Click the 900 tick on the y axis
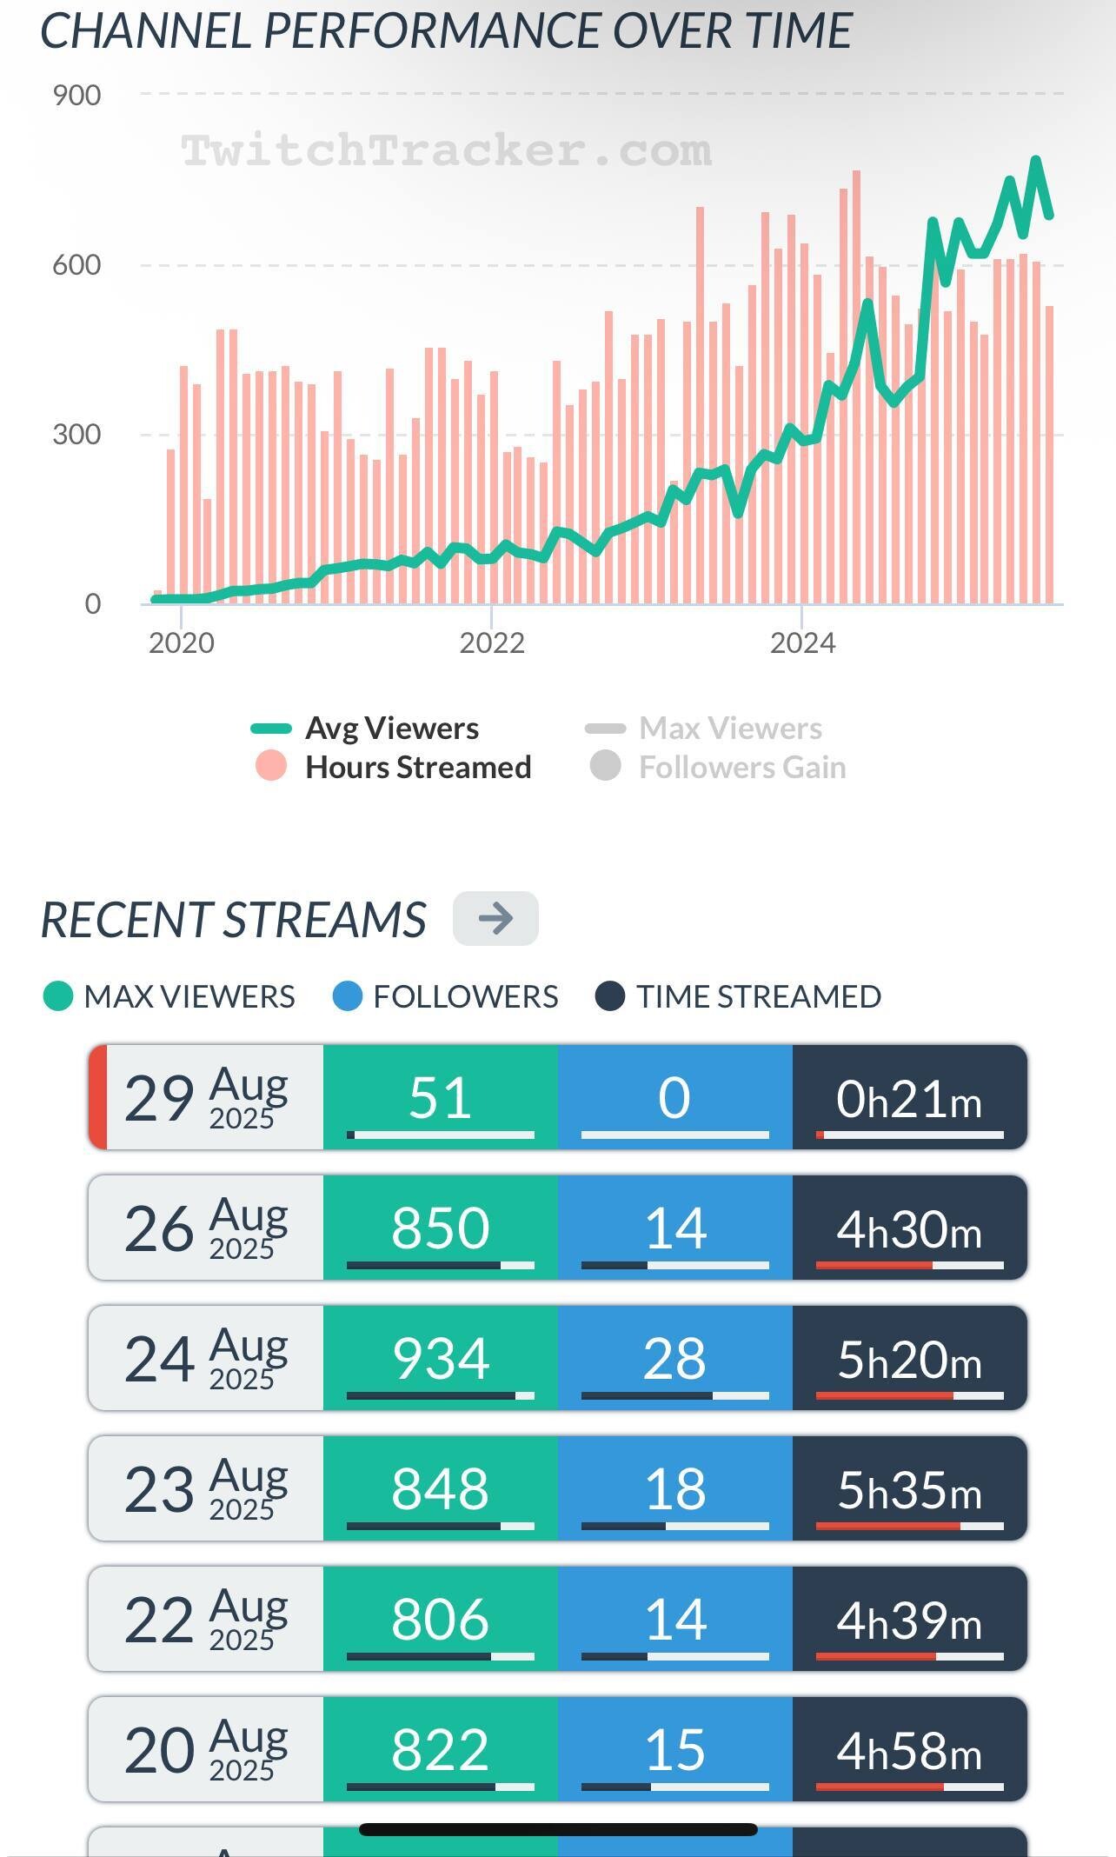[76, 95]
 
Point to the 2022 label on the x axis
[492, 642]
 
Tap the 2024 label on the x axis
[802, 642]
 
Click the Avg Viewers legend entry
[391, 729]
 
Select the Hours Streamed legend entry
[417, 767]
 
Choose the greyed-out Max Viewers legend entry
[730, 729]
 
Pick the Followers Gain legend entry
[741, 767]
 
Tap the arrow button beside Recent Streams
[495, 918]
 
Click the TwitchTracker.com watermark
[447, 150]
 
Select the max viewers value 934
[440, 1358]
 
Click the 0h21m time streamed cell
[909, 1098]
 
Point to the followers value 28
[674, 1358]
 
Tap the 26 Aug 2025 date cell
[206, 1228]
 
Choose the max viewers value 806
[440, 1619]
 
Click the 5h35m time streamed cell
[909, 1488]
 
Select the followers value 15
[674, 1749]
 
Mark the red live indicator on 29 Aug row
[98, 1097]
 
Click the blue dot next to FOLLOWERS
[347, 996]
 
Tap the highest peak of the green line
[1036, 160]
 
